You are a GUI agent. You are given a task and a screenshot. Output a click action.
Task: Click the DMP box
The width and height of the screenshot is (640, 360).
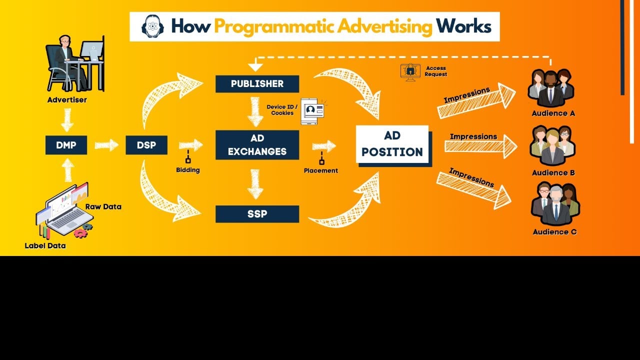click(x=66, y=145)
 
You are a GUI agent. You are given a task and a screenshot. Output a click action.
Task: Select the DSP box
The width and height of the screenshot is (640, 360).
click(x=146, y=145)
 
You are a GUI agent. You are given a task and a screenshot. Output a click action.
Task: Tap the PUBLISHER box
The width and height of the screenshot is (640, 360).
click(x=257, y=84)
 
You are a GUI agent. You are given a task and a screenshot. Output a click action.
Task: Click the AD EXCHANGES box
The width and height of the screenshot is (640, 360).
click(x=257, y=145)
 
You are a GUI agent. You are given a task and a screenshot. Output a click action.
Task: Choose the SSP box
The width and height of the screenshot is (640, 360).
click(x=257, y=214)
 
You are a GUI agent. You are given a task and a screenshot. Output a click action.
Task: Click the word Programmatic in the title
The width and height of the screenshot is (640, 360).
click(x=323, y=26)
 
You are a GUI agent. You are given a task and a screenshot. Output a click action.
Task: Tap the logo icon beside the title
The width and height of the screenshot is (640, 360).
click(x=152, y=26)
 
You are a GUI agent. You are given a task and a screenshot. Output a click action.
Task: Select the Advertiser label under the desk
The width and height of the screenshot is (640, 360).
click(x=67, y=100)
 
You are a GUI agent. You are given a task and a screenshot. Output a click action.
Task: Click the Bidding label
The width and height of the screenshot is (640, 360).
click(x=188, y=170)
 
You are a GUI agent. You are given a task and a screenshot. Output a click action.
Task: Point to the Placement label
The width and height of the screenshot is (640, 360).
click(x=321, y=170)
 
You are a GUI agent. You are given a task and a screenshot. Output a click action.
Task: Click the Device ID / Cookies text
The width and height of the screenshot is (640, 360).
click(x=282, y=110)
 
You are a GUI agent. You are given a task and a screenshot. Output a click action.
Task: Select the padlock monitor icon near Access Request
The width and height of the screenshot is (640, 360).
click(x=410, y=71)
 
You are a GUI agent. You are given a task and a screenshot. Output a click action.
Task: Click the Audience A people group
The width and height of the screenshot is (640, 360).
click(x=550, y=88)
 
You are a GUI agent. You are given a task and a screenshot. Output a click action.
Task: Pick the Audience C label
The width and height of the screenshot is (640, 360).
click(x=554, y=232)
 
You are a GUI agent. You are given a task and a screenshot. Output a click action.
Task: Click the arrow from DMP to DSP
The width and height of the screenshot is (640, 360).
click(x=106, y=145)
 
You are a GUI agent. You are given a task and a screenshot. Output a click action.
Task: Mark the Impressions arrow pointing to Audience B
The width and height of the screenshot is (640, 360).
click(x=480, y=146)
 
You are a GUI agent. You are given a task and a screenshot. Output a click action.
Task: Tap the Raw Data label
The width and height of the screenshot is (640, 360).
click(x=103, y=206)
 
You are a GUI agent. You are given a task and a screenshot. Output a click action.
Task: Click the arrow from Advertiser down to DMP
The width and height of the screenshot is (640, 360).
click(x=67, y=120)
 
